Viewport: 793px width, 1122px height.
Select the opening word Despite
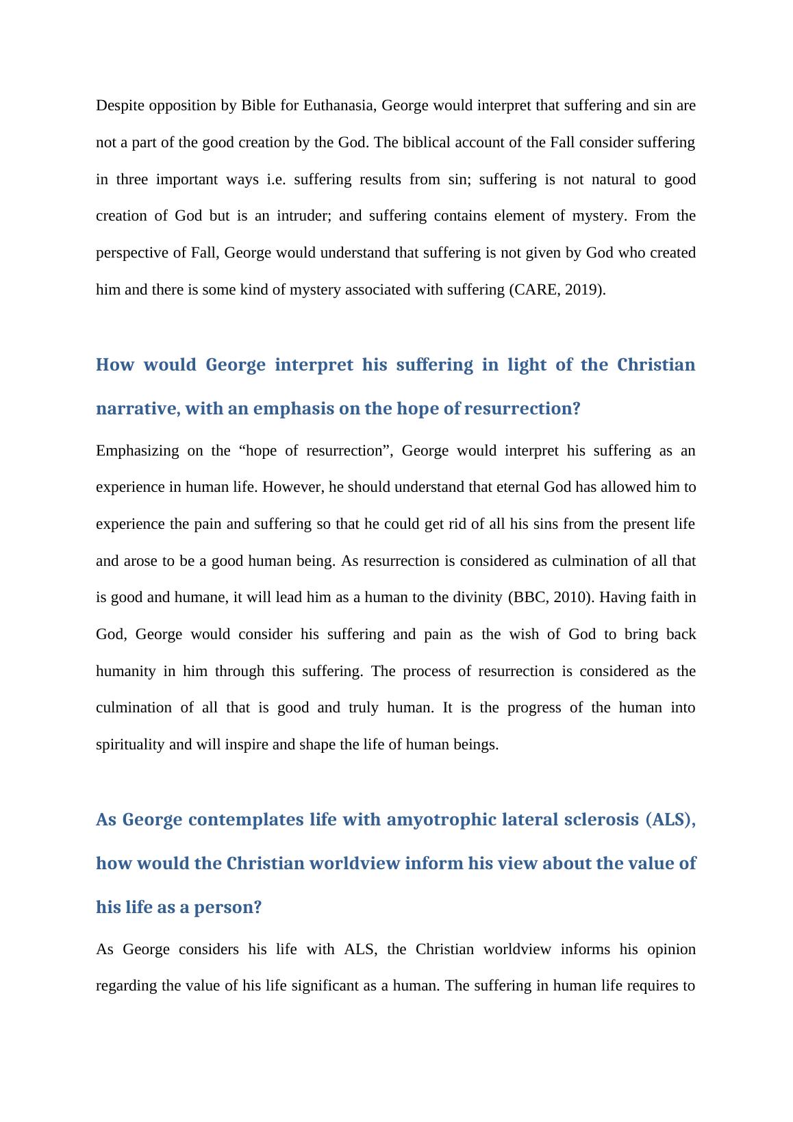click(x=118, y=105)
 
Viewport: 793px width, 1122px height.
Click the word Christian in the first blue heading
click(x=655, y=364)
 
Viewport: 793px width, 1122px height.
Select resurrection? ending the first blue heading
click(x=522, y=409)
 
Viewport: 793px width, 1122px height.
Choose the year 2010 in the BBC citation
click(x=571, y=597)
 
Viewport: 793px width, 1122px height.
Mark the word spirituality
click(x=130, y=745)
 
